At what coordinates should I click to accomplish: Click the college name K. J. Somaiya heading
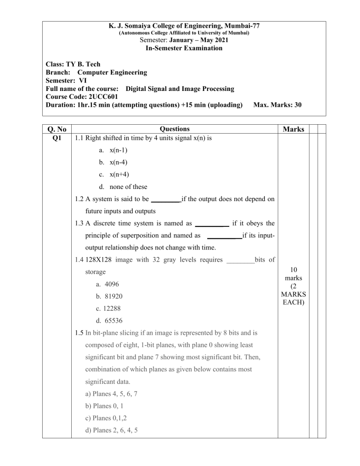180,26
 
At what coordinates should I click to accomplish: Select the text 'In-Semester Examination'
180,48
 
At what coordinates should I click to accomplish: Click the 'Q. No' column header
56,129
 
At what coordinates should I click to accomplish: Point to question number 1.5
79,333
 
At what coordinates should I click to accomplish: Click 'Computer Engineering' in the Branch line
112,73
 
